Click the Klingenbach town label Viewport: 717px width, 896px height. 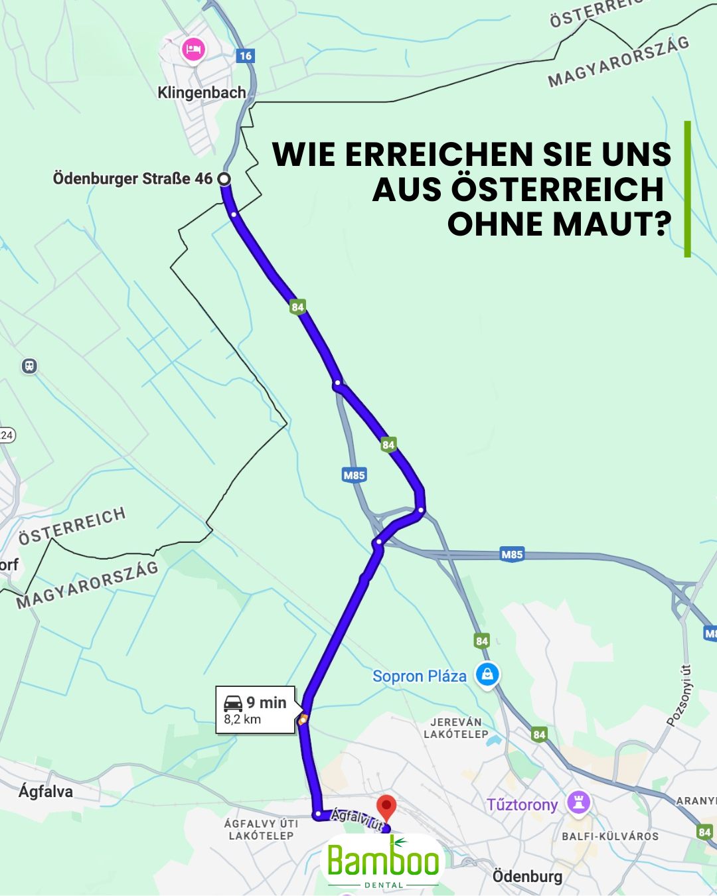click(x=201, y=93)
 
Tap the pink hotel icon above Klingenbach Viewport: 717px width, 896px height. click(x=193, y=49)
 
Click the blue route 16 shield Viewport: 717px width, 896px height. click(x=246, y=56)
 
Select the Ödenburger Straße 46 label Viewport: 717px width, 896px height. click(x=133, y=179)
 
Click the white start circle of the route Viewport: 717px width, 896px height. click(x=224, y=179)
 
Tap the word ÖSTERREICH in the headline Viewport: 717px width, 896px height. click(x=558, y=189)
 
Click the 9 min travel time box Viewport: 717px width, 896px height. click(x=256, y=709)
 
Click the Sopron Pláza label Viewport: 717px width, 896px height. click(x=419, y=676)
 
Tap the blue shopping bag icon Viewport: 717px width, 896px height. click(x=487, y=675)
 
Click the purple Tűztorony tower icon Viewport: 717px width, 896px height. click(x=578, y=802)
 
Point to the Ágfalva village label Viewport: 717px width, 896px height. click(x=46, y=791)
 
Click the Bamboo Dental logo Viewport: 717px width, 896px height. click(x=383, y=861)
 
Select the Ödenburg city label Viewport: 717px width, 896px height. click(x=527, y=876)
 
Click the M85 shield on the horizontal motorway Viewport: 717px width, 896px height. click(x=512, y=554)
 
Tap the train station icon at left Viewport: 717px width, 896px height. click(x=29, y=366)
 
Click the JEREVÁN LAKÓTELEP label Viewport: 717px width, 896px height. click(x=456, y=728)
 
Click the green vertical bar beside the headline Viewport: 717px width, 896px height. click(x=687, y=189)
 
